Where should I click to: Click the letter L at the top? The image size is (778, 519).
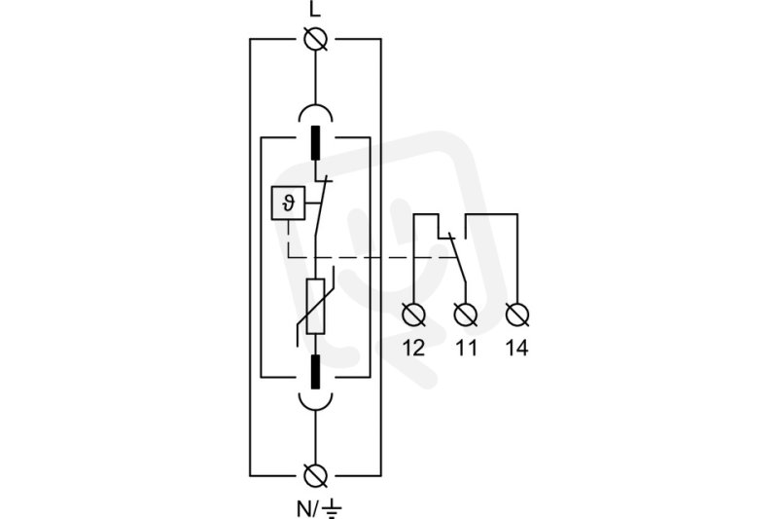click(x=315, y=9)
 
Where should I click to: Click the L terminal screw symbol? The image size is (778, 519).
click(x=315, y=39)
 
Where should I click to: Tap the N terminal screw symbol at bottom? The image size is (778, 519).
click(x=315, y=476)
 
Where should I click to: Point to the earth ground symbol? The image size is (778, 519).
click(x=332, y=509)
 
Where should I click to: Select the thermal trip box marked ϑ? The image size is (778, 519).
click(x=288, y=203)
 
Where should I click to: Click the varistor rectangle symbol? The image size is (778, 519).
click(x=315, y=306)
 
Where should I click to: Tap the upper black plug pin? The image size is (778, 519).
click(x=315, y=142)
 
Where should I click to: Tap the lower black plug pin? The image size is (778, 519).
click(x=315, y=371)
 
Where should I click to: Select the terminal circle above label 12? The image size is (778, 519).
click(x=414, y=315)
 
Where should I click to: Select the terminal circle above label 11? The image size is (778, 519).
click(x=466, y=315)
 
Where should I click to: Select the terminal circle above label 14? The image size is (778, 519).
click(x=517, y=315)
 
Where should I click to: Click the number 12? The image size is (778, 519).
click(x=414, y=349)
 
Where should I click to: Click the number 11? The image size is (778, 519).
click(x=466, y=349)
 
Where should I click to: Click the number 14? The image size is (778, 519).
click(x=517, y=349)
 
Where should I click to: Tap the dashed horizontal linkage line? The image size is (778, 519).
click(x=372, y=257)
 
